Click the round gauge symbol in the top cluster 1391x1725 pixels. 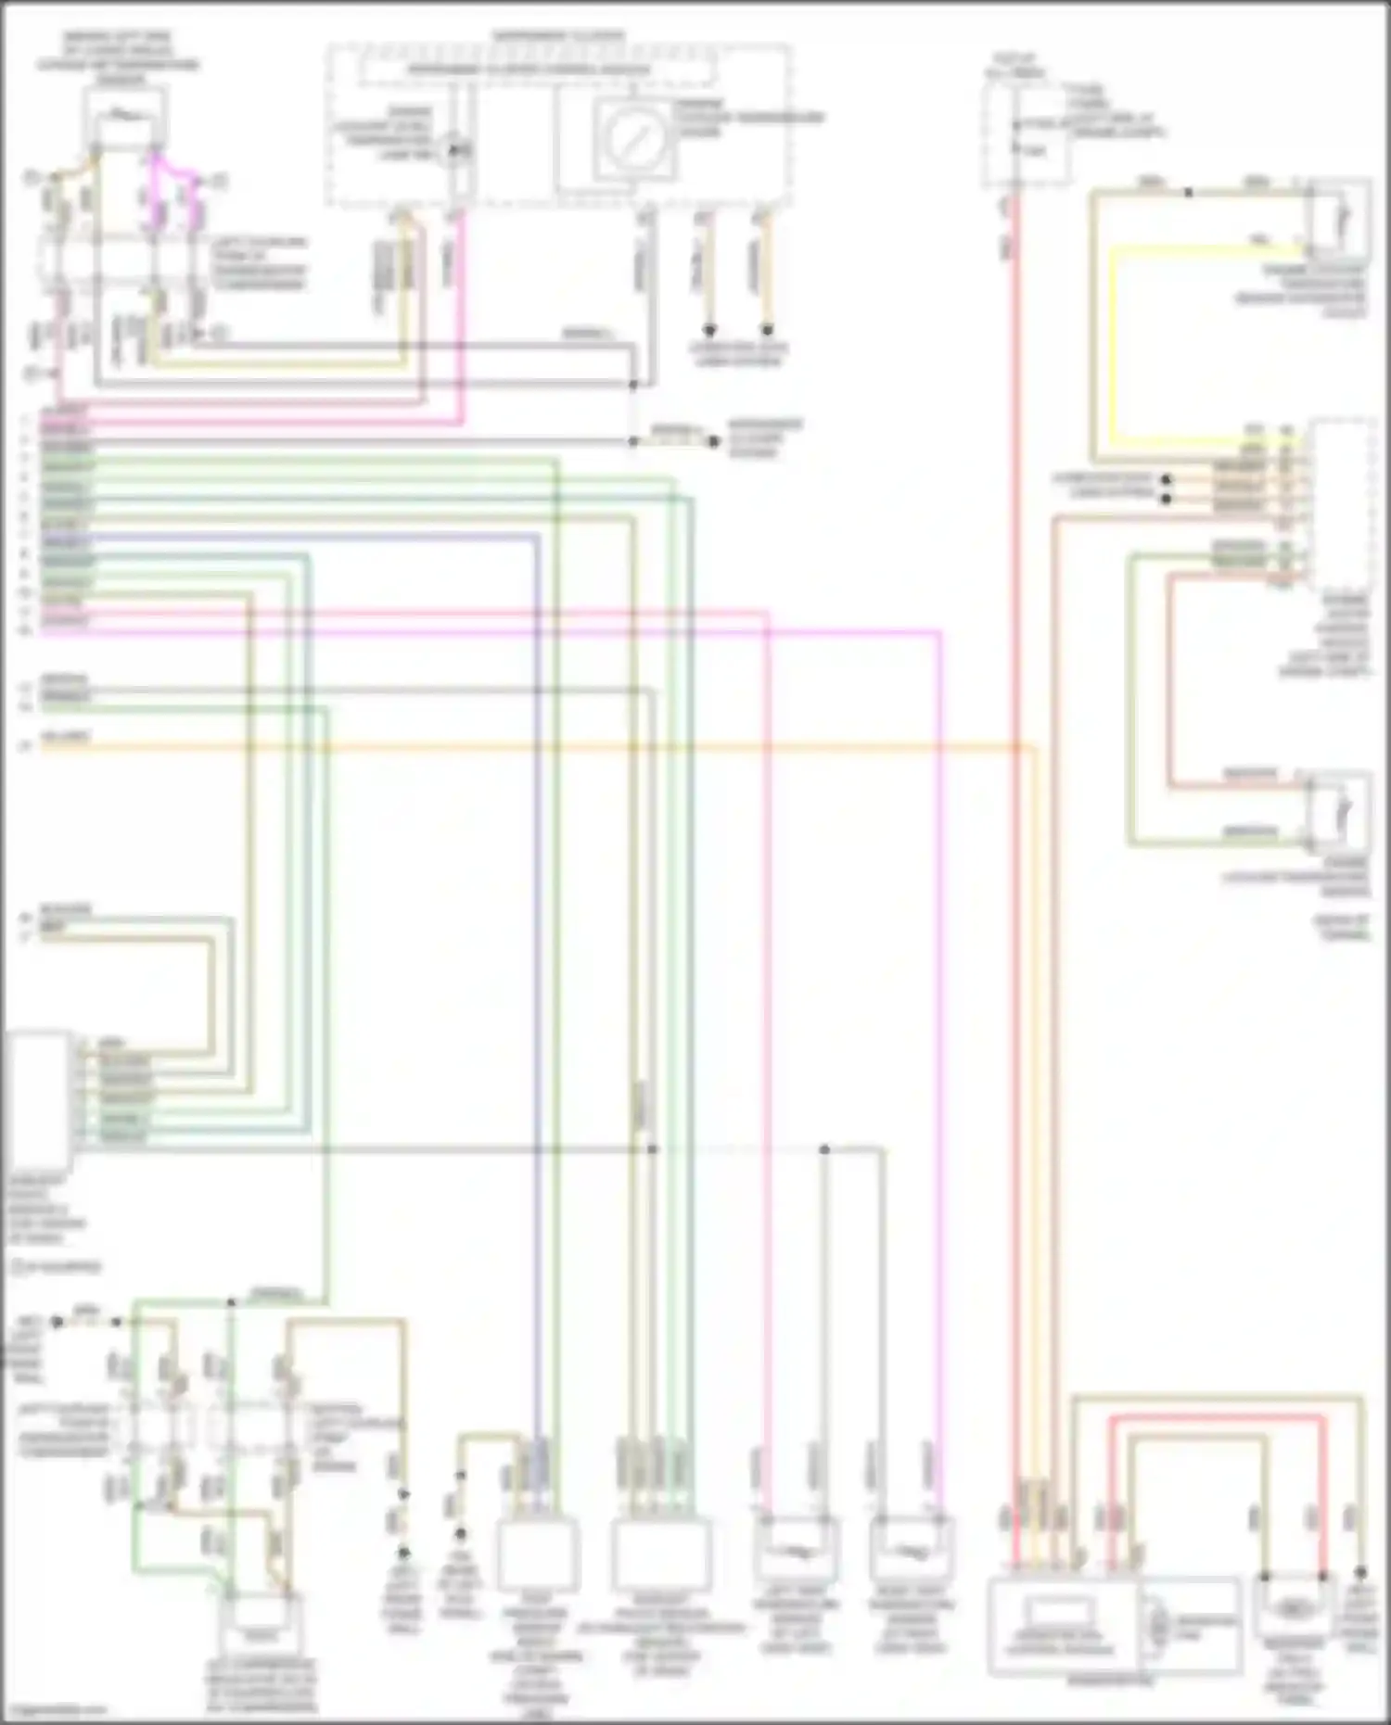(x=634, y=140)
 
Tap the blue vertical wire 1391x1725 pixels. (x=537, y=927)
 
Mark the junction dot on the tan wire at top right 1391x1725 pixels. (x=1189, y=193)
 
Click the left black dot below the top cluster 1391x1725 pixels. (x=709, y=329)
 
